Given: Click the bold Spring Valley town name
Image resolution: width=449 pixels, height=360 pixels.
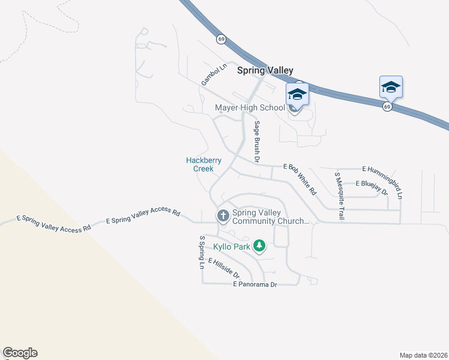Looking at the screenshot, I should [265, 70].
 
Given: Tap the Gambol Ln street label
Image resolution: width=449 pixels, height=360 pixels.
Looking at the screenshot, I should [213, 76].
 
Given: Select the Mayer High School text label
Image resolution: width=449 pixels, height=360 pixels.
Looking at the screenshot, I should [250, 108].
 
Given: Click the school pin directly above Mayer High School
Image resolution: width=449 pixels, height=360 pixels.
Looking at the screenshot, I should [297, 94].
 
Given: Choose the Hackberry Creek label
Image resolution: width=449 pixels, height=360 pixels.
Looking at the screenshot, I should [203, 164].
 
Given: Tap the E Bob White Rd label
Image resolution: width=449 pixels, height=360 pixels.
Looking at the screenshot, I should [300, 179].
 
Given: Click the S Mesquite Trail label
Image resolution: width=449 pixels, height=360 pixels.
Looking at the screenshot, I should [339, 196].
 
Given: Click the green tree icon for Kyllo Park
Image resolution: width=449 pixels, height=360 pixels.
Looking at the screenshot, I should [259, 245].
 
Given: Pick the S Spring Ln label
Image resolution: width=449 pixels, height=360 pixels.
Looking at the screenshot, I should [202, 252].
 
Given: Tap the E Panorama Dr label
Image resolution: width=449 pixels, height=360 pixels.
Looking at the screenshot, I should [255, 284].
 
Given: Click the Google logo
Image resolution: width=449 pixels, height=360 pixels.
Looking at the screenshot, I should [20, 353].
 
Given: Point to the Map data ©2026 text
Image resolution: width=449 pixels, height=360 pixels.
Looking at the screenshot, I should [423, 355].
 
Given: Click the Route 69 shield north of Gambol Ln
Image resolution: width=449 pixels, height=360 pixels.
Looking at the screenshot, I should [221, 39].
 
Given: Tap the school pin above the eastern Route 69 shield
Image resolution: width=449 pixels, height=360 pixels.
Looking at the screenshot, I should [391, 87].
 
